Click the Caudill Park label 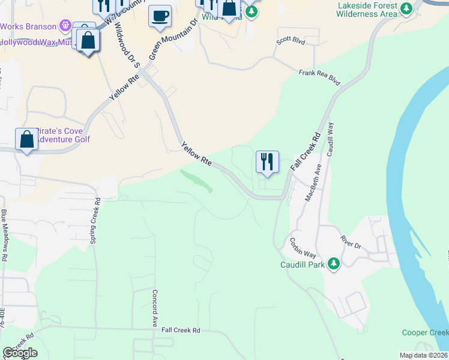pyautogui.click(x=302, y=264)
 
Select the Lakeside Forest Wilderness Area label pyautogui.click(x=367, y=10)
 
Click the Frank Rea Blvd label pyautogui.click(x=319, y=77)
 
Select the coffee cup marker pyautogui.click(x=160, y=16)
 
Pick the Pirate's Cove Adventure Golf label pyautogui.click(x=62, y=135)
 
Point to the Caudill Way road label pyautogui.click(x=330, y=140)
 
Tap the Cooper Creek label pyautogui.click(x=425, y=333)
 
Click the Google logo pyautogui.click(x=20, y=353)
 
